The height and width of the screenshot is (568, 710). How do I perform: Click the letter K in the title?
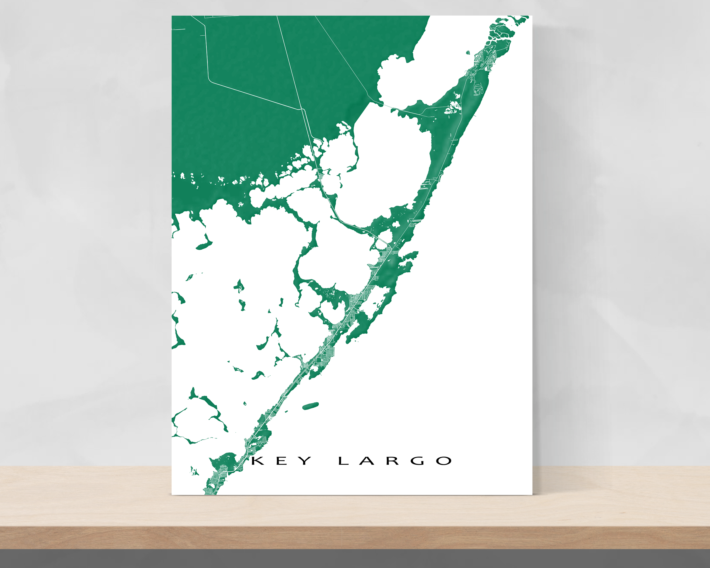(x=258, y=461)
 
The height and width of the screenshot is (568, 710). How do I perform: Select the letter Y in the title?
(x=305, y=461)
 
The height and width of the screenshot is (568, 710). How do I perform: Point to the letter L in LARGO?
(x=343, y=461)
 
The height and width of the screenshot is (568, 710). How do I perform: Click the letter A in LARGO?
(x=367, y=461)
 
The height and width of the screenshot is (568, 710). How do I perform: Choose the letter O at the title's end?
(x=444, y=461)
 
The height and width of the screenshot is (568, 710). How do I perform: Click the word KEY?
(x=282, y=461)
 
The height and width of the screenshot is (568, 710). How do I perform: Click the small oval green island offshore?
(x=310, y=406)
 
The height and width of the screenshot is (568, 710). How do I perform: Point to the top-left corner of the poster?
(x=172, y=16)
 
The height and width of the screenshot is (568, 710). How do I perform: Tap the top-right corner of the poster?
(x=532, y=16)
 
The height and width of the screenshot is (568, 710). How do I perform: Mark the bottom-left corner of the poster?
(x=172, y=495)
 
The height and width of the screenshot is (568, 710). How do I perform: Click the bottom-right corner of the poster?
(x=532, y=495)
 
